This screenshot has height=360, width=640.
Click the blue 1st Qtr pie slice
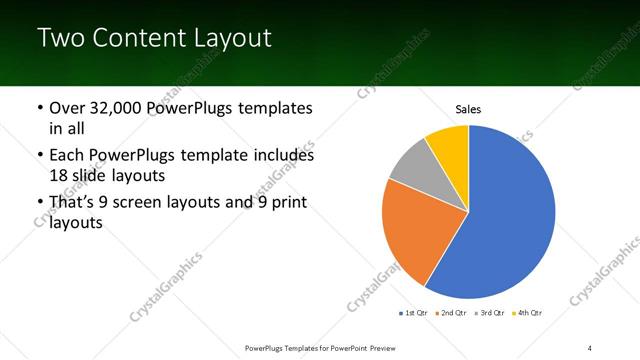(x=510, y=220)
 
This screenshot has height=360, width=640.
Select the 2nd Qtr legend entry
(x=452, y=314)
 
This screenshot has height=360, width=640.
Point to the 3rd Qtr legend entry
(x=491, y=314)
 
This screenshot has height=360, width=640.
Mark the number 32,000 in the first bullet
(x=118, y=108)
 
